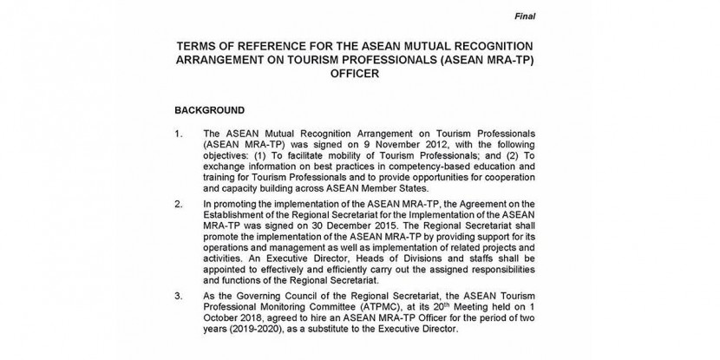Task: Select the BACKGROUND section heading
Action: (x=209, y=111)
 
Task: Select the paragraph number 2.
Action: (x=179, y=205)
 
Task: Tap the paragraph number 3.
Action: (x=179, y=297)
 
